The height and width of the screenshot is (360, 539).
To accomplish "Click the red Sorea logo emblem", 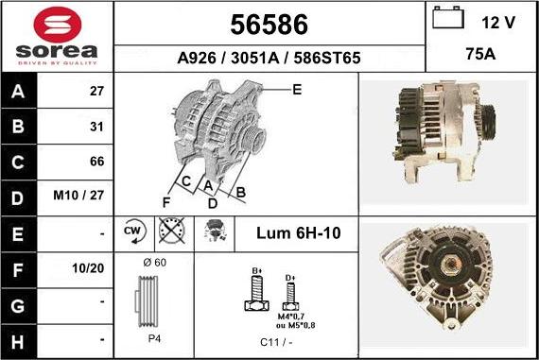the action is [x=58, y=25].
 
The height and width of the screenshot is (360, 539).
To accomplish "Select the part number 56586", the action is [x=269, y=25].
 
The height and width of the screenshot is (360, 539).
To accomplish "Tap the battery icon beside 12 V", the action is [x=448, y=18].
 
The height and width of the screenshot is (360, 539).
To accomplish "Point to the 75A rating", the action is [x=480, y=54].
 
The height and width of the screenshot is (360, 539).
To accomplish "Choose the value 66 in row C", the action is [x=97, y=162].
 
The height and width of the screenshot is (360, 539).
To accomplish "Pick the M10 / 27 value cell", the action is [x=78, y=195].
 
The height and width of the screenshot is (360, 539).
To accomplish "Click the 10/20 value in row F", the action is [x=88, y=268].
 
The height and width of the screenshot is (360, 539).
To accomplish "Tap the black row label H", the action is [x=18, y=342].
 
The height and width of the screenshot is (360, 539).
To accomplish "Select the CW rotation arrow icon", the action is [x=134, y=231].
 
